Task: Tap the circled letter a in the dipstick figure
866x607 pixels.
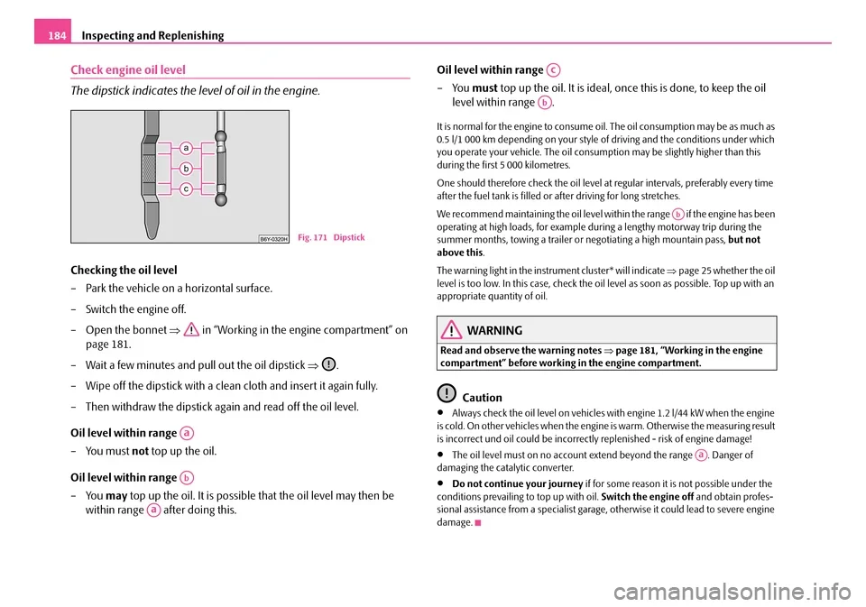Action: (x=185, y=148)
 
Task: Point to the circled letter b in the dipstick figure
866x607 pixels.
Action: (x=185, y=169)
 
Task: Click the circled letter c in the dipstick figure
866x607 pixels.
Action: (x=185, y=189)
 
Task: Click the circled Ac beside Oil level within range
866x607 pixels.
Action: (x=552, y=69)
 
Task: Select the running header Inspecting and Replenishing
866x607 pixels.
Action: (x=153, y=35)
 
